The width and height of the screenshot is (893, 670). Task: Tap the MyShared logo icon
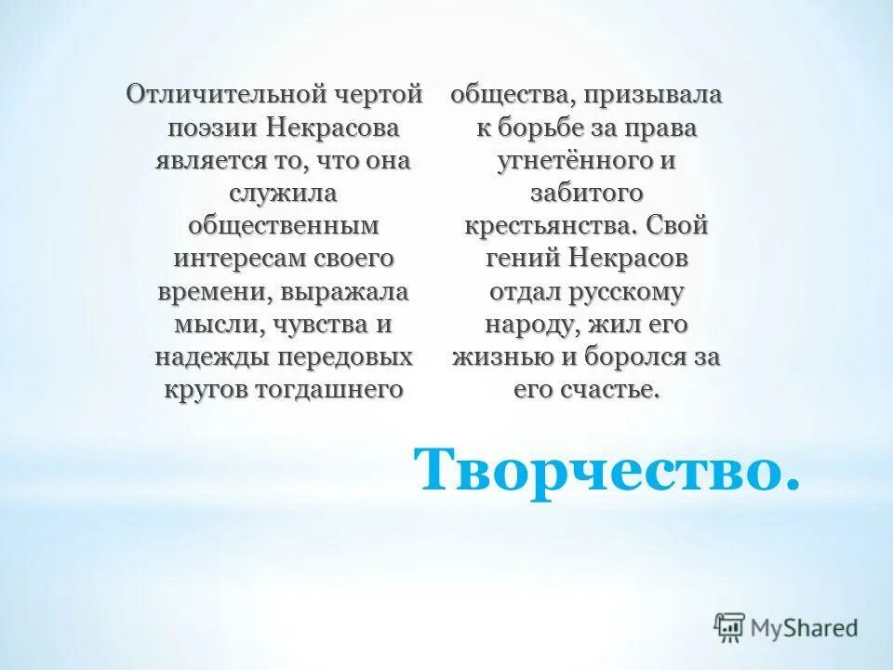(730, 628)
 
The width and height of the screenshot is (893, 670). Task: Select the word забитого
(586, 193)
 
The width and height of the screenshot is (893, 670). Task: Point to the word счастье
(610, 389)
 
